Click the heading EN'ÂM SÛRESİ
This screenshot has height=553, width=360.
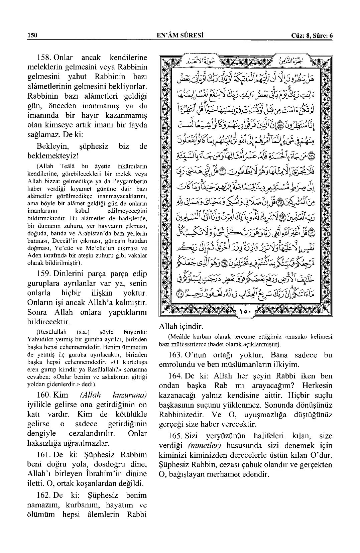click(x=181, y=35)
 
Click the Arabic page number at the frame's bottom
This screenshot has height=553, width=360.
click(x=246, y=312)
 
